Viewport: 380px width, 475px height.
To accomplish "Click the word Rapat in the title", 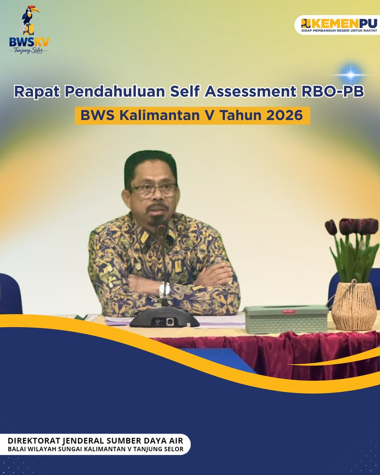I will pyautogui.click(x=37, y=91).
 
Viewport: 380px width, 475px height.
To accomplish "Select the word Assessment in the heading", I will pyautogui.click(x=251, y=91).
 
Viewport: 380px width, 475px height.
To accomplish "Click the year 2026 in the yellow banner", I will pyautogui.click(x=284, y=115).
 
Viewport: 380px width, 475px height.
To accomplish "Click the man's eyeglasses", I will pyautogui.click(x=153, y=190).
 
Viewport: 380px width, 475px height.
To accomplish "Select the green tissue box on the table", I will pyautogui.click(x=286, y=318).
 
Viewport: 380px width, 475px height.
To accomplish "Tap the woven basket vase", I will pyautogui.click(x=354, y=306).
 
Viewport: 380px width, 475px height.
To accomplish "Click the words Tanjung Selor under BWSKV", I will pyautogui.click(x=28, y=51).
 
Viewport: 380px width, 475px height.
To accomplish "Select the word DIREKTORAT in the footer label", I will pyautogui.click(x=34, y=441).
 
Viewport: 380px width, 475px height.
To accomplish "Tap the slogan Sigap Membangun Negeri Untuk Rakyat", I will pyautogui.click(x=339, y=31).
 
